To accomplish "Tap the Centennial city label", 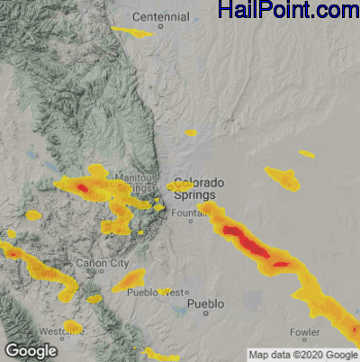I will [x=161, y=17].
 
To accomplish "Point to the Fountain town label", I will [x=186, y=213].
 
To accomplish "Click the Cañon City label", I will [x=103, y=263].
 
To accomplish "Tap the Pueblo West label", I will [x=158, y=293].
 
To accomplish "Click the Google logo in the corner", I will [x=30, y=350].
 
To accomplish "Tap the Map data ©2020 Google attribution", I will [x=303, y=355].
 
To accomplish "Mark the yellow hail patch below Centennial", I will [x=132, y=33].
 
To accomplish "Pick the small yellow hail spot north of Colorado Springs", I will [x=191, y=133].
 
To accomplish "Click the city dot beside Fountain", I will [x=190, y=220].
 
